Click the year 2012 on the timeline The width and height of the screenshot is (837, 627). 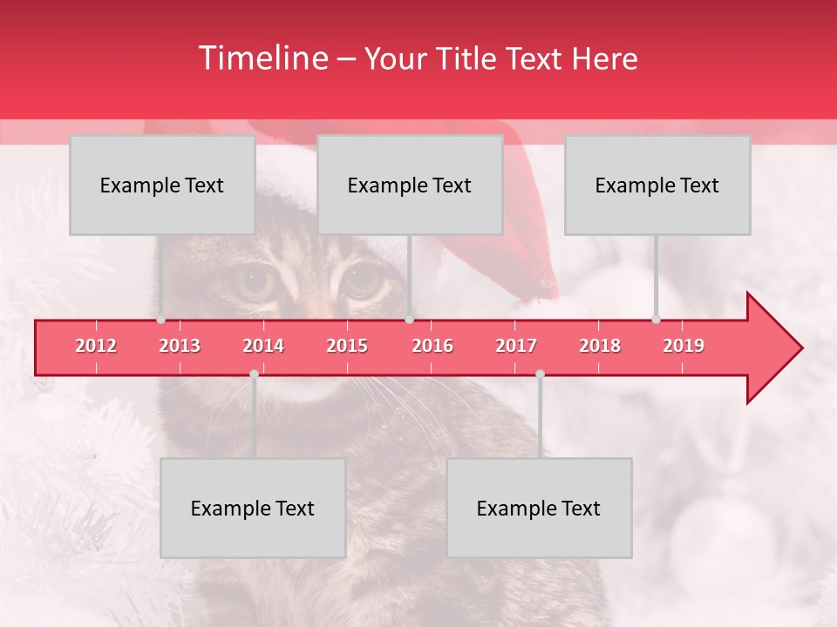click(96, 346)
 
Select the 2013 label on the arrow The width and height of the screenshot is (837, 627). click(180, 346)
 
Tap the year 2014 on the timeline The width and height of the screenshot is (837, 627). click(263, 346)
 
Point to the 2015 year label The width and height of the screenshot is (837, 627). click(347, 346)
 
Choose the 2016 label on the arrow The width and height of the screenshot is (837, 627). click(432, 346)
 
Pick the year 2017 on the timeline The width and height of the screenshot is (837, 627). click(516, 346)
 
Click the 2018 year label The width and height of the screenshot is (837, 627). click(600, 346)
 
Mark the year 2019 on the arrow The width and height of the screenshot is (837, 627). click(684, 346)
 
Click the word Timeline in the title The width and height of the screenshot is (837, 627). click(262, 58)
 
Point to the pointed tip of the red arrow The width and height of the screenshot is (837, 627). click(800, 348)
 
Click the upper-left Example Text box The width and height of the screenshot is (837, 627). click(162, 185)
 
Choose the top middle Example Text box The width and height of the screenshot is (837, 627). click(410, 185)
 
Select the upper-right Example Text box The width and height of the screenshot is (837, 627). click(657, 185)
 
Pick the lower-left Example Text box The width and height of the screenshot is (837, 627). click(253, 509)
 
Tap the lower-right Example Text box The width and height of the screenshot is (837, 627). click(539, 509)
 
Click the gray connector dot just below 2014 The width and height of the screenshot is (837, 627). click(254, 374)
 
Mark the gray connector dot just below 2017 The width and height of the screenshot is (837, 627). click(540, 374)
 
